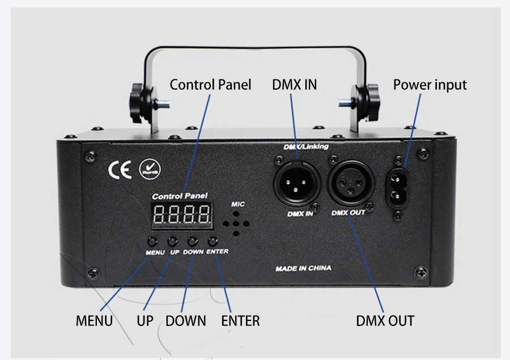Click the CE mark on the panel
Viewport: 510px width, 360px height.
pyautogui.click(x=120, y=170)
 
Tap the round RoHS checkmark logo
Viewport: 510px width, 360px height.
pyautogui.click(x=150, y=169)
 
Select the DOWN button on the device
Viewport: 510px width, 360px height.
pyautogui.click(x=193, y=241)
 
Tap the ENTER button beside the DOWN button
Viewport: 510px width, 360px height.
pyautogui.click(x=212, y=241)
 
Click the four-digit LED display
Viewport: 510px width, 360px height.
pyautogui.click(x=182, y=215)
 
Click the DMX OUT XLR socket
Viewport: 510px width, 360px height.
pyautogui.click(x=351, y=183)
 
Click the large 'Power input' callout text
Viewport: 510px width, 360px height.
pyautogui.click(x=430, y=85)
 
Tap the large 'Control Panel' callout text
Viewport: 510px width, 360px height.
pyautogui.click(x=210, y=84)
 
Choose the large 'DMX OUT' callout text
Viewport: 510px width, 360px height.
pyautogui.click(x=385, y=321)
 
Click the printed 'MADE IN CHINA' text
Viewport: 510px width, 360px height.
pyautogui.click(x=303, y=269)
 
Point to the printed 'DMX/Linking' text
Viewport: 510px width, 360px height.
pyautogui.click(x=306, y=147)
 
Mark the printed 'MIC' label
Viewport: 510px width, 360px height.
pyautogui.click(x=238, y=204)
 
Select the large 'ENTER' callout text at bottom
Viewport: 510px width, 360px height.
pyautogui.click(x=240, y=321)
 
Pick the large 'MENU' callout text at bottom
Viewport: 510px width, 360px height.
pyautogui.click(x=94, y=321)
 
